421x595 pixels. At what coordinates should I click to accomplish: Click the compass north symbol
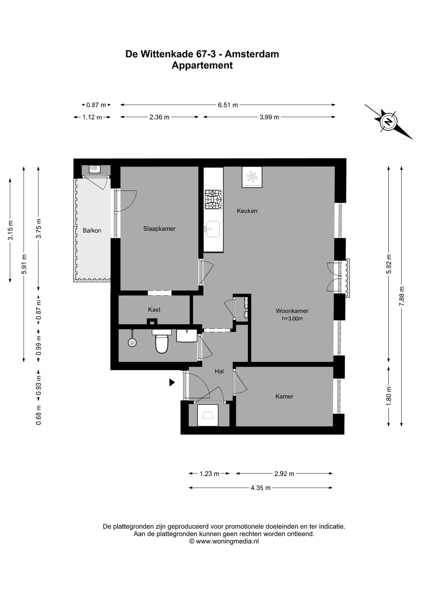[x=389, y=122]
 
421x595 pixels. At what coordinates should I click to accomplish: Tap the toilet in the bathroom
[x=161, y=342]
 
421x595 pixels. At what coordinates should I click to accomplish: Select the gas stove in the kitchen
[x=213, y=200]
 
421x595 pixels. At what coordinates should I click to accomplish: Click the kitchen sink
[x=212, y=229]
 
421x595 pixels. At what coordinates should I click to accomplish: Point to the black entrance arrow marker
[x=172, y=382]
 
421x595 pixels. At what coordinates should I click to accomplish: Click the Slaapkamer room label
[x=159, y=228]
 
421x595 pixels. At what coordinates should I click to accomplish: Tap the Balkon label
[x=92, y=230]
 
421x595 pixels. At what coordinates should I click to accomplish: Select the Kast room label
[x=154, y=310]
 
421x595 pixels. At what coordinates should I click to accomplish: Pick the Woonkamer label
[x=292, y=311]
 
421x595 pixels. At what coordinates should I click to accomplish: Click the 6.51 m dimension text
[x=228, y=105]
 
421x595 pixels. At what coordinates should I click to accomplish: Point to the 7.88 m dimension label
[x=402, y=296]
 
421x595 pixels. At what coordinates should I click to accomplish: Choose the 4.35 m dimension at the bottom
[x=260, y=488]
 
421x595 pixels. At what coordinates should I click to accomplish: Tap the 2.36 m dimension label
[x=159, y=117]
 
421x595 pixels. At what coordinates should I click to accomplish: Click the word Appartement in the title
[x=202, y=65]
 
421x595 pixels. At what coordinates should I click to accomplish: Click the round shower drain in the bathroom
[x=132, y=343]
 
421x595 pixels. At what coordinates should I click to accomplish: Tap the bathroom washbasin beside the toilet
[x=187, y=336]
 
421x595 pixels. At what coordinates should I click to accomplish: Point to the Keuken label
[x=247, y=211]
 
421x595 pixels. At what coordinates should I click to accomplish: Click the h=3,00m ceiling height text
[x=292, y=319]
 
